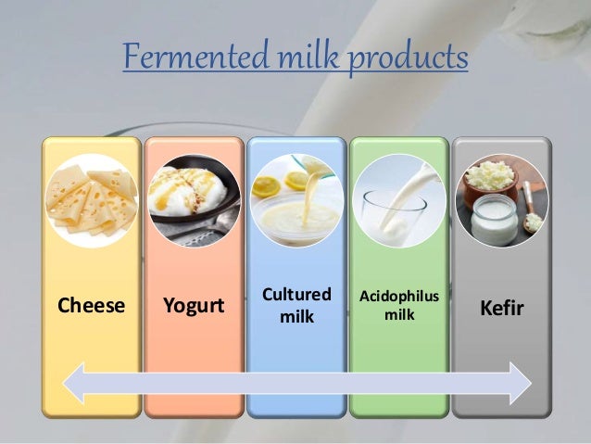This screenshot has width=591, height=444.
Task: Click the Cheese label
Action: click(91, 305)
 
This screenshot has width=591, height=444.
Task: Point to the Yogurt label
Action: click(194, 305)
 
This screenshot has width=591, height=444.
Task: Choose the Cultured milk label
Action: click(296, 305)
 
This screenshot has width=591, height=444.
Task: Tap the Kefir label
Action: click(501, 305)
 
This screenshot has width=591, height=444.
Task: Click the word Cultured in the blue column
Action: click(296, 295)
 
